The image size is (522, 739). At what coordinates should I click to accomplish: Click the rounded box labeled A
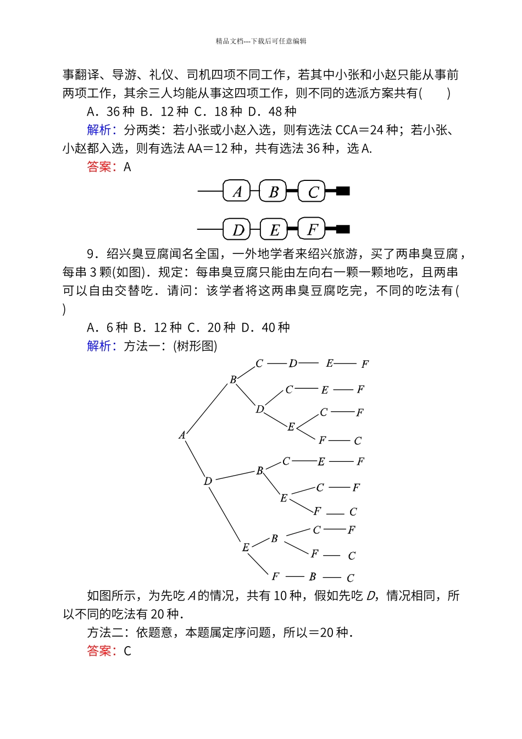point(237,191)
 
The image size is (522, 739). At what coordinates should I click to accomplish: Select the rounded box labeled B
point(273,191)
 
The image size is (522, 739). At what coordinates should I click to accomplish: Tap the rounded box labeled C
point(312,191)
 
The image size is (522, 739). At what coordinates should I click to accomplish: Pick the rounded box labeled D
point(237,229)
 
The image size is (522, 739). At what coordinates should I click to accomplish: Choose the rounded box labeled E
point(274,229)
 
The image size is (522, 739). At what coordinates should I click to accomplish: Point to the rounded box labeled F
point(312,229)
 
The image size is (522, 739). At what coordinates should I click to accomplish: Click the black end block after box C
point(343,191)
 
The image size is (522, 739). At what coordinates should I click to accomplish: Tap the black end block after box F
point(343,229)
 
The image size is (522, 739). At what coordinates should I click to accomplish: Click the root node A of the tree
point(182,435)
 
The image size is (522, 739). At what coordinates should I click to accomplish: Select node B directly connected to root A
point(233,379)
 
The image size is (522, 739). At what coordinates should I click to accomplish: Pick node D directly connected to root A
point(208,481)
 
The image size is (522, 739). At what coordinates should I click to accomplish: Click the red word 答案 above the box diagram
point(99,167)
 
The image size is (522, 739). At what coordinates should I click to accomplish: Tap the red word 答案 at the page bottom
point(99,651)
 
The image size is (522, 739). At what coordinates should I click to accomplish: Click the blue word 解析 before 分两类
point(99,130)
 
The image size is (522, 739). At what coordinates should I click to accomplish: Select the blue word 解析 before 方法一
point(99,346)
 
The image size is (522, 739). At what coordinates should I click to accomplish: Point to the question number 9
point(91,254)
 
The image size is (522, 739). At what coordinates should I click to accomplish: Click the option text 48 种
point(279,112)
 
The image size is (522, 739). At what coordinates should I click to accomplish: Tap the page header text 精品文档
point(229,41)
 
